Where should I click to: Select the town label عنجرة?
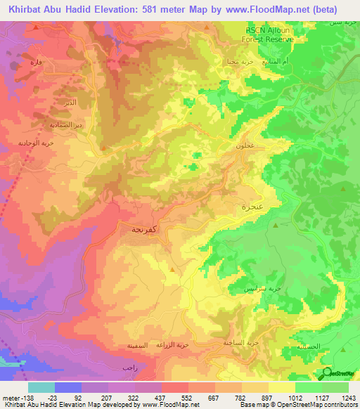coord(252,207)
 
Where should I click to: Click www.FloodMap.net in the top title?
coord(272,9)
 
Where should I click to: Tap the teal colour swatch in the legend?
coord(41,387)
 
